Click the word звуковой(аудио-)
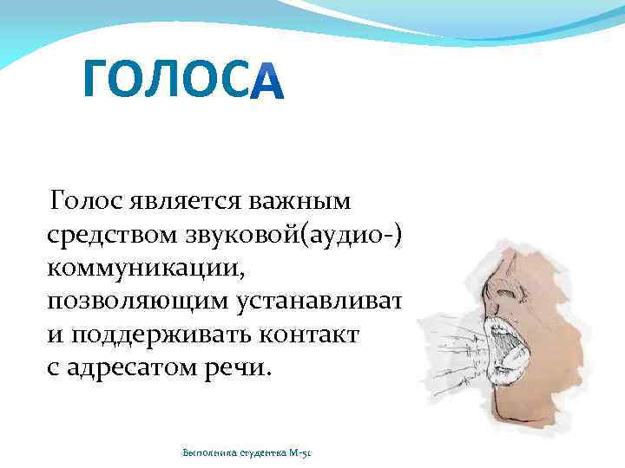click(295, 236)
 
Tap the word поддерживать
click(167, 335)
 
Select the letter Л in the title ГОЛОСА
click(171, 80)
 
